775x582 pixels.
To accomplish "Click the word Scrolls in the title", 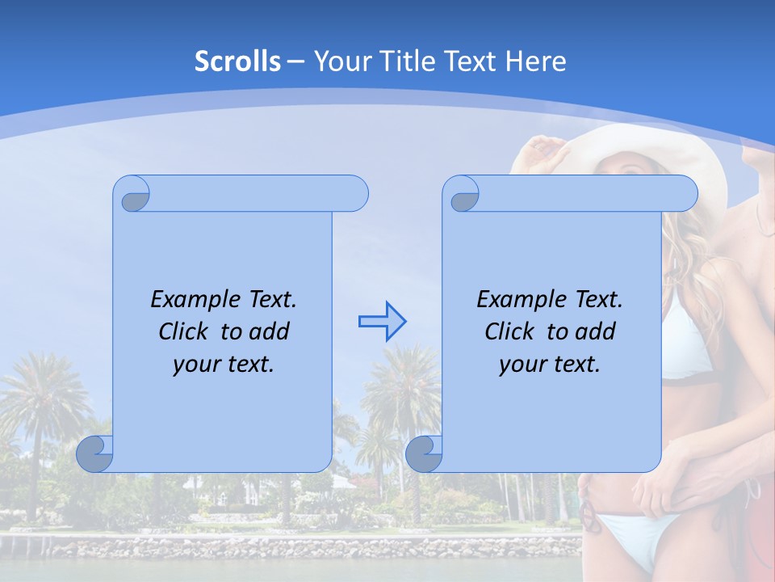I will click(x=238, y=61).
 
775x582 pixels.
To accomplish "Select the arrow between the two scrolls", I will click(x=382, y=322).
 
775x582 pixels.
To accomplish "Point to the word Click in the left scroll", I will click(x=186, y=331).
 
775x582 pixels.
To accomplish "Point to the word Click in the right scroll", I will click(x=512, y=331).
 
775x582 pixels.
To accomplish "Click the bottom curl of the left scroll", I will click(x=95, y=453).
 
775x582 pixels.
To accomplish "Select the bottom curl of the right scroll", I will click(x=424, y=453).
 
